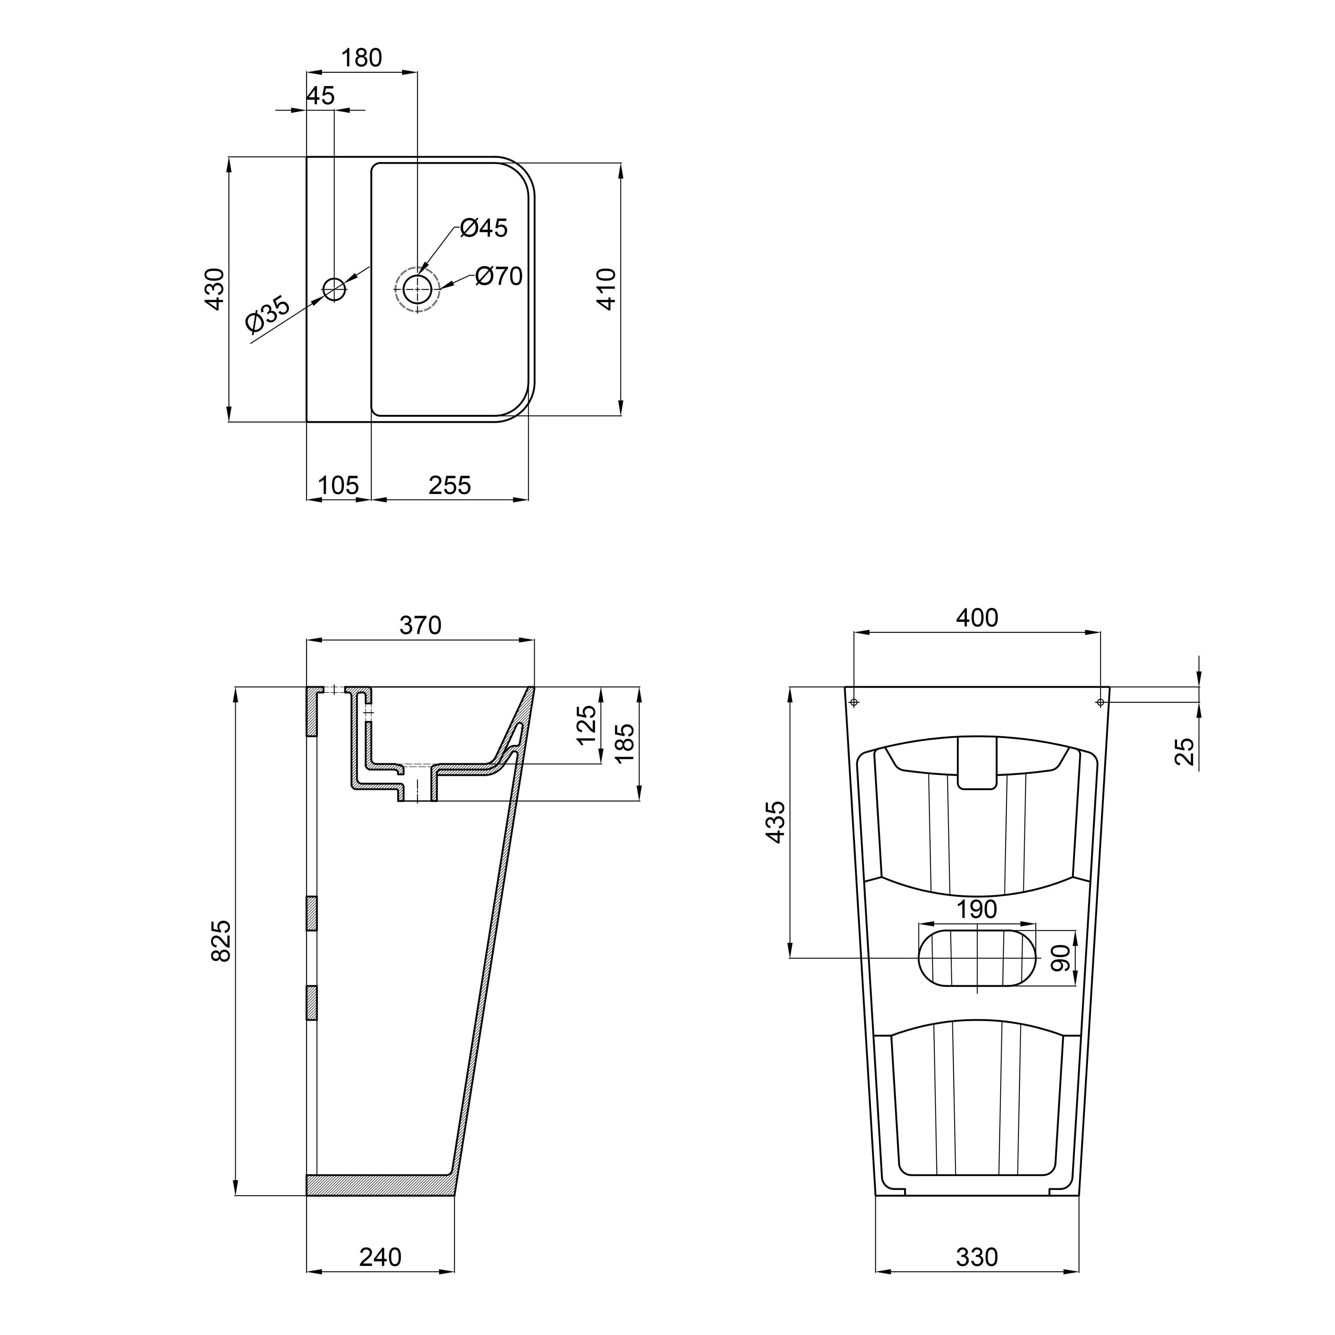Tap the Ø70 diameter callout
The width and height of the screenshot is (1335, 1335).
(499, 276)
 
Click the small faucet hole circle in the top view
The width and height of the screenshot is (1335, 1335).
(334, 289)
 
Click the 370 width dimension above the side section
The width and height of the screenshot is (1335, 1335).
(420, 625)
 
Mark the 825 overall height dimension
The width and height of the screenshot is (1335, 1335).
(221, 940)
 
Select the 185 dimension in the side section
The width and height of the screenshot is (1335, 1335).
(624, 743)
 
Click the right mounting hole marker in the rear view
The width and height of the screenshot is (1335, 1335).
(1100, 703)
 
